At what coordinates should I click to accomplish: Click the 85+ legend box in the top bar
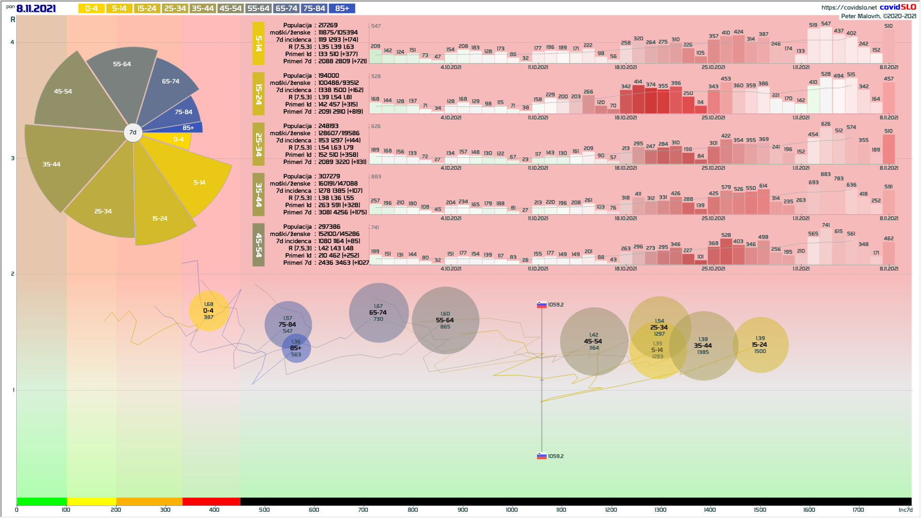point(342,9)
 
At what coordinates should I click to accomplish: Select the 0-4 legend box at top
point(91,9)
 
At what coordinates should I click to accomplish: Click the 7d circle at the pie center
point(133,132)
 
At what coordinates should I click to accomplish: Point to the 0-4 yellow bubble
point(209,311)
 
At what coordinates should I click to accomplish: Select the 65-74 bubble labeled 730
point(378,313)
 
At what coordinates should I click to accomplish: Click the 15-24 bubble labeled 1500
point(760,345)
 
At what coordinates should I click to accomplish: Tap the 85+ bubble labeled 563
point(296,349)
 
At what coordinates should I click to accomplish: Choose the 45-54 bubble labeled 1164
point(594,341)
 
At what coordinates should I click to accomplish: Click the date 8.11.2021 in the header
point(36,9)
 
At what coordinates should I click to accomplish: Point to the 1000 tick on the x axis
point(512,510)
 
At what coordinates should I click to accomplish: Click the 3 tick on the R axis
point(12,158)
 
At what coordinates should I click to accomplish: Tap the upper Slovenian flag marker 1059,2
point(542,305)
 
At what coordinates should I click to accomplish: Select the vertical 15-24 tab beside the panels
point(259,94)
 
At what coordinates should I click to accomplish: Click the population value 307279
point(329,177)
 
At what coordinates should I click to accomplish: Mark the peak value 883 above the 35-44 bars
point(826,174)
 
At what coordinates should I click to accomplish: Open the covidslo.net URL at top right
point(849,8)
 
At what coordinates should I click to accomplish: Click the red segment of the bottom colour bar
point(211,502)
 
